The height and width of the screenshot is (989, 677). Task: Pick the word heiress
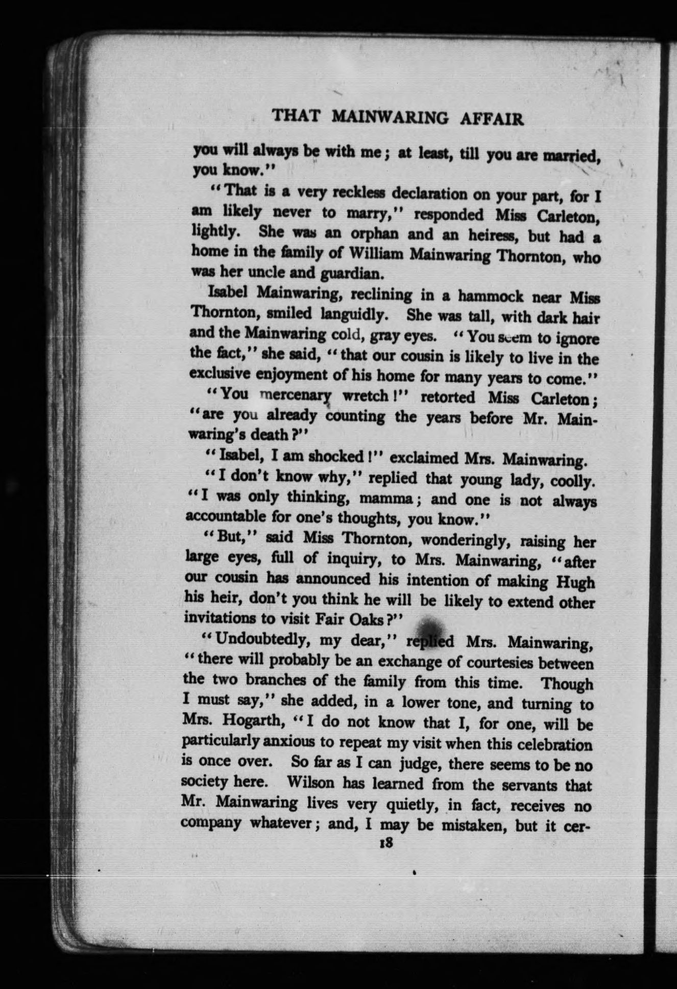(492, 235)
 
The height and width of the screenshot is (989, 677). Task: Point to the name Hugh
(574, 582)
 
